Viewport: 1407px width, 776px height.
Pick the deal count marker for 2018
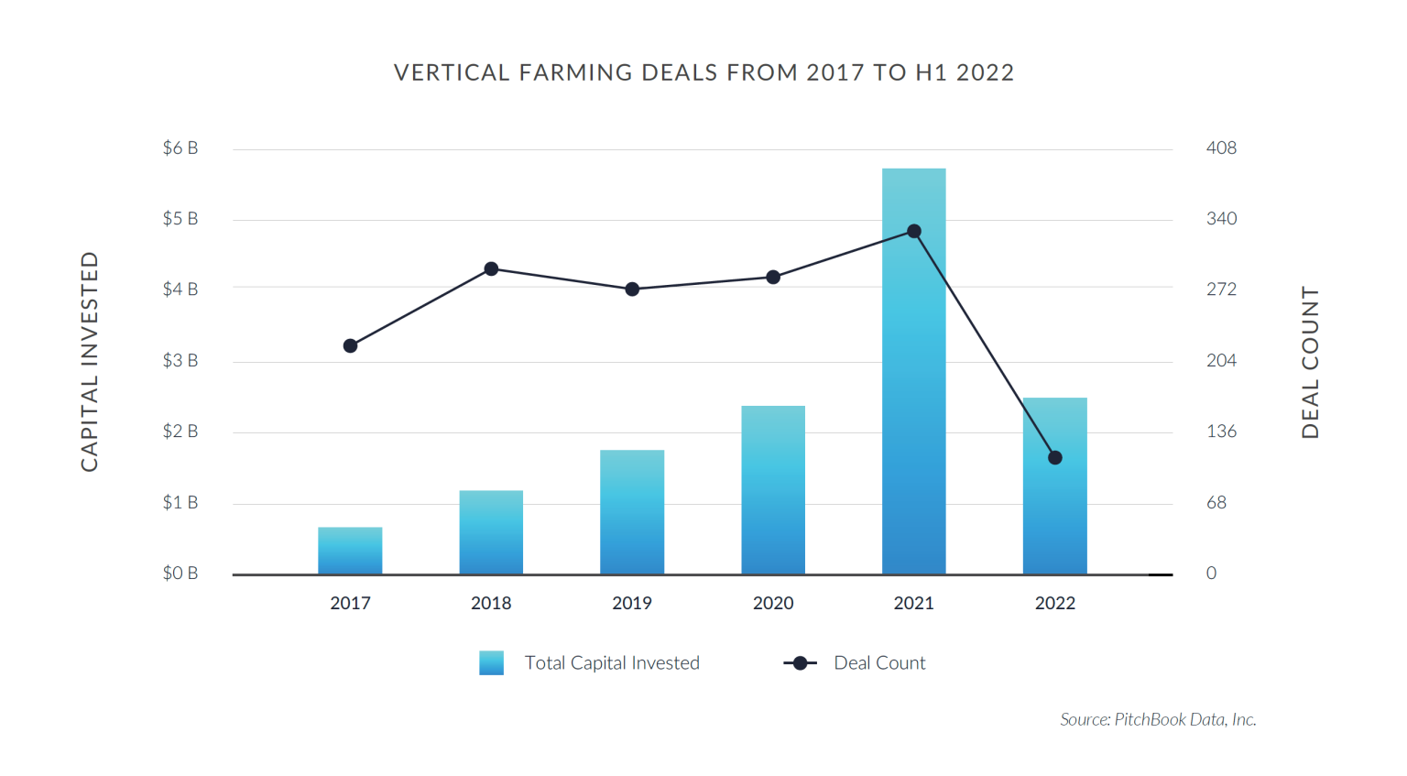[491, 269]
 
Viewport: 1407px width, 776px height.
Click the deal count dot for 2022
[1054, 458]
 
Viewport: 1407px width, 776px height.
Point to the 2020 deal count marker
[773, 278]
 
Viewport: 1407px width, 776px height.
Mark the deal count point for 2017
[350, 346]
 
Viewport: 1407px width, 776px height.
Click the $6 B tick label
[180, 148]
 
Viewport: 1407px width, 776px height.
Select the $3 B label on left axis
[180, 361]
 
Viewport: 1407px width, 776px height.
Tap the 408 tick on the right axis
[1221, 148]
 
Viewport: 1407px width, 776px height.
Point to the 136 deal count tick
[1221, 432]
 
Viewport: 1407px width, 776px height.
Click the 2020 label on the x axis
[773, 604]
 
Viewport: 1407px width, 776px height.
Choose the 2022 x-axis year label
[1054, 604]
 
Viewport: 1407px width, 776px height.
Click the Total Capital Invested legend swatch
[491, 663]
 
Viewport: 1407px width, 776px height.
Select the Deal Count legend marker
[800, 663]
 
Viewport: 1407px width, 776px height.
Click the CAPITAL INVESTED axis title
[90, 362]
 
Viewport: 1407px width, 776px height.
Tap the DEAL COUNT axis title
[1311, 363]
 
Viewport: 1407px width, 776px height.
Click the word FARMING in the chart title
[575, 73]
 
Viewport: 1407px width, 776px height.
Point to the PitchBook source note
[1158, 720]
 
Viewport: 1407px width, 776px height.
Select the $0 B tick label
[180, 574]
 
